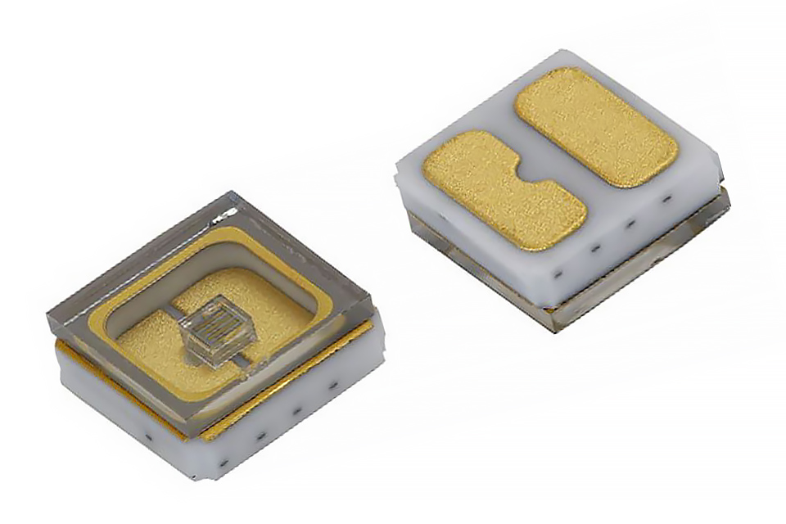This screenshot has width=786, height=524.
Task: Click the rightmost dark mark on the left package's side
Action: (334, 382)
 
